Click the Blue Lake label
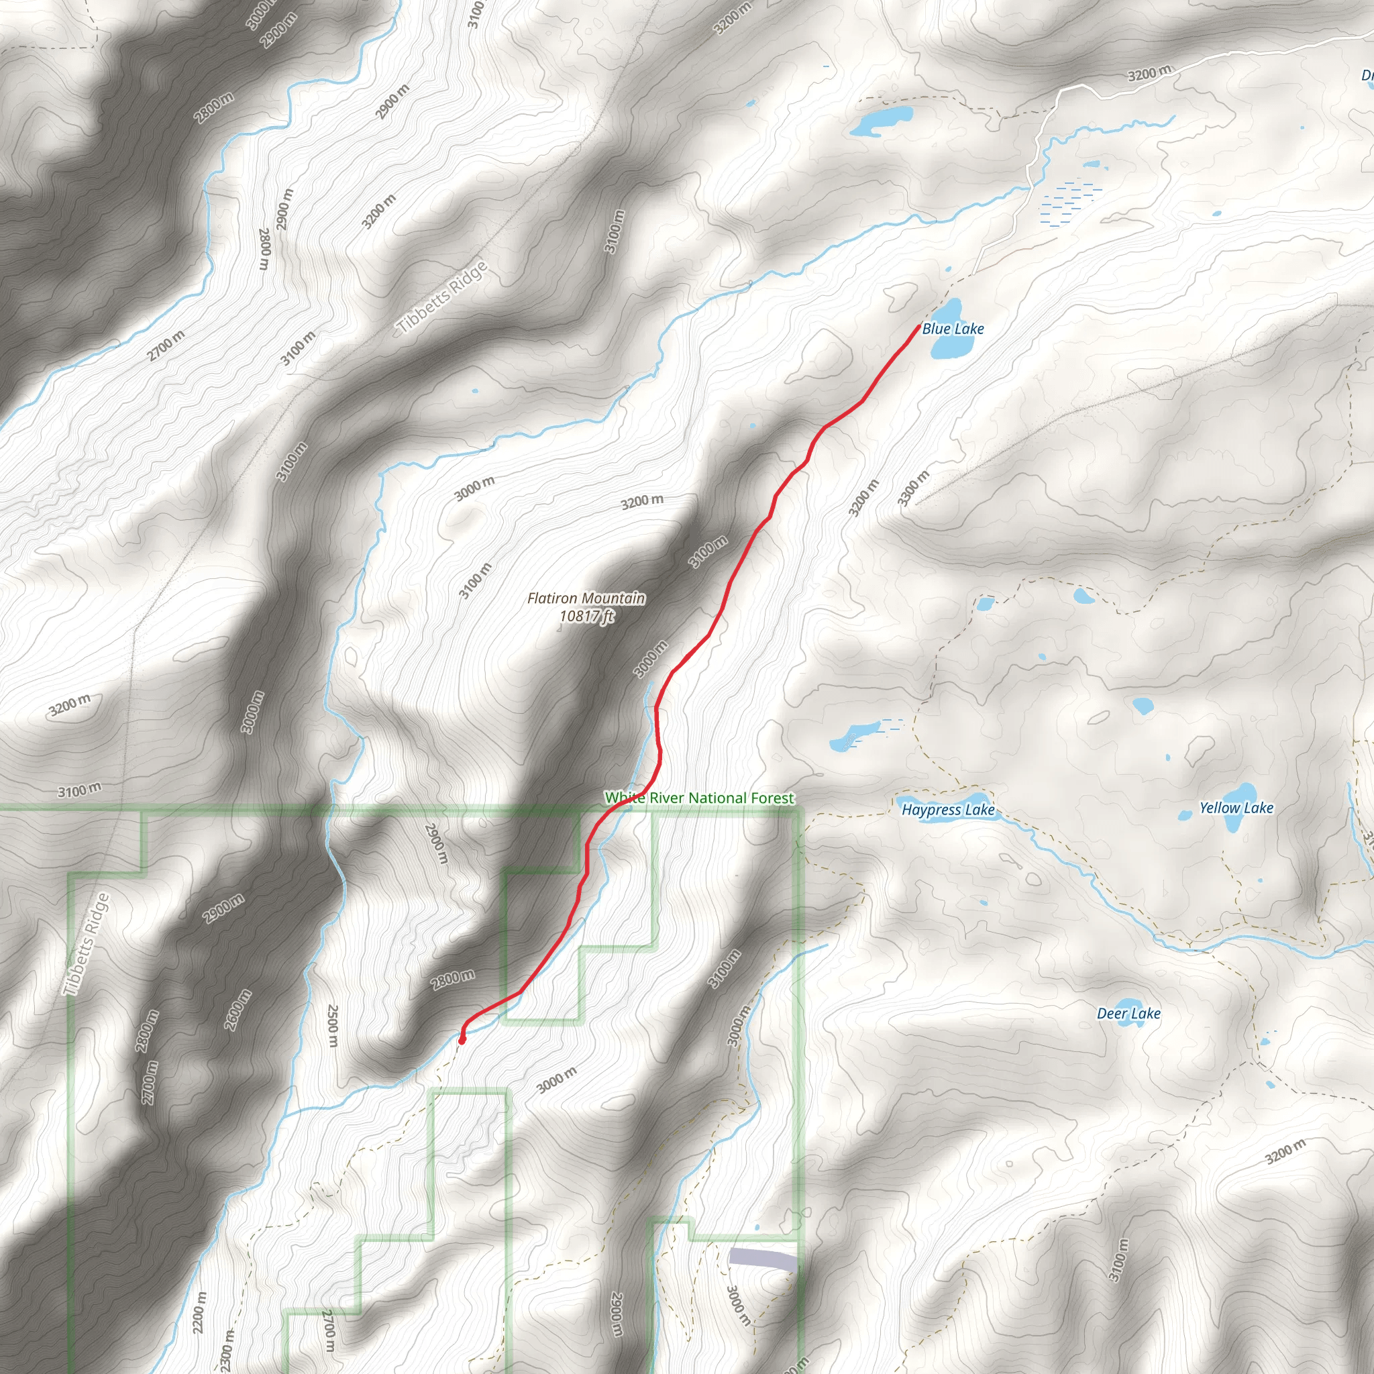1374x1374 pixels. [953, 329]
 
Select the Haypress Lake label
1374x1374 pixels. [948, 809]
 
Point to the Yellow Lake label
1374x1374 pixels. [1236, 808]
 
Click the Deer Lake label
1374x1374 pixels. [1128, 1014]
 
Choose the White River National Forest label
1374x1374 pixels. [699, 798]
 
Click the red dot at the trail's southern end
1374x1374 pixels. [462, 1041]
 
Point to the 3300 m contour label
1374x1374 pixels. [913, 488]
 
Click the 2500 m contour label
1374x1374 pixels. [332, 1025]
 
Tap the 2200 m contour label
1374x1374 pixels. [200, 1313]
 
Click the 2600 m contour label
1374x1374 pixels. [237, 1009]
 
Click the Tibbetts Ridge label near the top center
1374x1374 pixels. [443, 297]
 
